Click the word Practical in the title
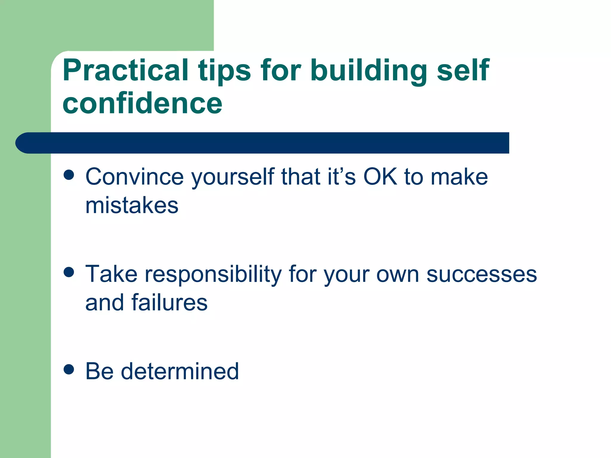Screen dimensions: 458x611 [x=125, y=70]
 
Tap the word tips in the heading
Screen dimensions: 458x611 [x=224, y=72]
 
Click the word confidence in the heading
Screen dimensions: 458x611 [x=142, y=103]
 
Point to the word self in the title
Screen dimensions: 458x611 [x=463, y=70]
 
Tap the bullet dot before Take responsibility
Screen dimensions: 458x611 [x=69, y=272]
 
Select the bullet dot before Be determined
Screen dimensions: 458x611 [x=69, y=369]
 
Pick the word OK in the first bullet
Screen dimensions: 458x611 [x=380, y=177]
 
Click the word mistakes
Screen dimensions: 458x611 [x=132, y=206]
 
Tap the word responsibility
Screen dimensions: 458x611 [x=213, y=274]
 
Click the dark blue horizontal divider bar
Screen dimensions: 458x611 [x=263, y=143]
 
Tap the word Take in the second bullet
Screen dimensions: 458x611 [x=111, y=274]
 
